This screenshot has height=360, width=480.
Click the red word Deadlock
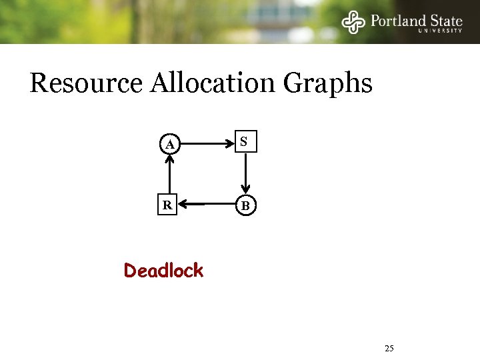[x=163, y=271]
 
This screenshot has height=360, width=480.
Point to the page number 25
[x=390, y=348]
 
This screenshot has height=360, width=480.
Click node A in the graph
[x=171, y=144]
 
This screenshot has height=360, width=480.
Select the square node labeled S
[x=245, y=142]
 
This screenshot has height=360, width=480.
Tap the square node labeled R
[x=167, y=205]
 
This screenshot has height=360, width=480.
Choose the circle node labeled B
[x=245, y=206]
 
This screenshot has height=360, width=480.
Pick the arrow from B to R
[x=207, y=205]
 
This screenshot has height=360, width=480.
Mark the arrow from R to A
[x=169, y=175]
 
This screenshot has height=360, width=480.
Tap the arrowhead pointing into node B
[x=245, y=191]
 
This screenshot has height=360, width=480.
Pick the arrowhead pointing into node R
[x=183, y=205]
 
